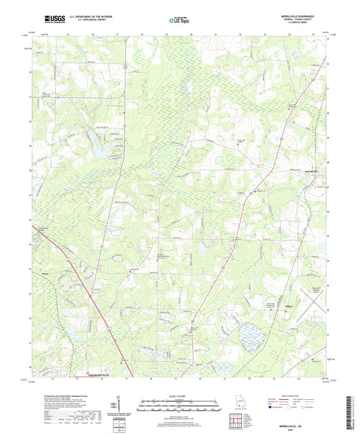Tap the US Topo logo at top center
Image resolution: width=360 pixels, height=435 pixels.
pyautogui.click(x=178, y=21)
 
